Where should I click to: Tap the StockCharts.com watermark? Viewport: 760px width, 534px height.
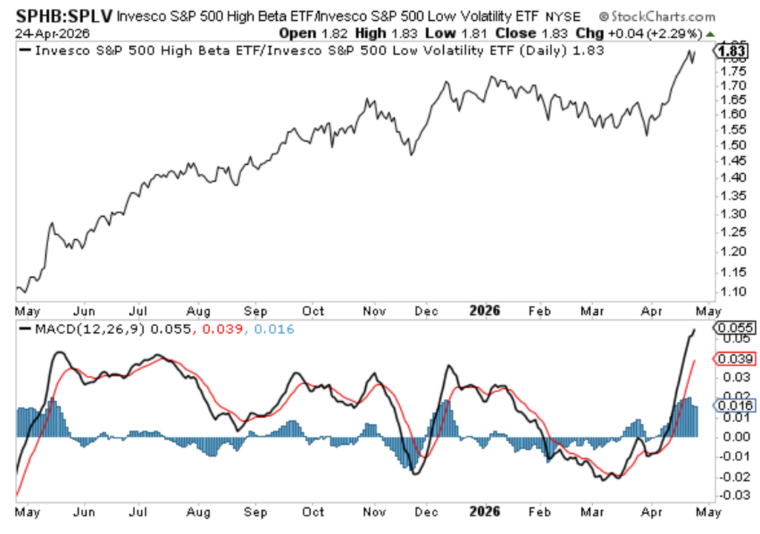(656, 16)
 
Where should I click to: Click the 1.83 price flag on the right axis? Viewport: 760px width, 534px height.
(730, 51)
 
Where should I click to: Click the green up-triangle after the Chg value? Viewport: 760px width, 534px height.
(710, 33)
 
